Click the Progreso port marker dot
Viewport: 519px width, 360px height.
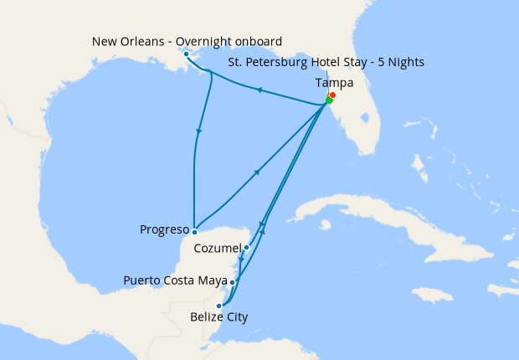coord(194,231)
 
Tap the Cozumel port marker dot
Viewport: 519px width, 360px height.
coord(246,247)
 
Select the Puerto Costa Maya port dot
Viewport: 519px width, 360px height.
coord(232,282)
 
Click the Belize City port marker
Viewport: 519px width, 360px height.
coord(219,306)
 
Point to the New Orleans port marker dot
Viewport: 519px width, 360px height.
coord(186,54)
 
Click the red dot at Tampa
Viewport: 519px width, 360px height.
coord(333,95)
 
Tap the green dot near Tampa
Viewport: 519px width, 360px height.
coord(329,101)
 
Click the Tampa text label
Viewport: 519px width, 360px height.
coord(334,83)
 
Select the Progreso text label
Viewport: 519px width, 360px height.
coord(162,227)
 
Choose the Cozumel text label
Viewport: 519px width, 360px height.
coord(217,249)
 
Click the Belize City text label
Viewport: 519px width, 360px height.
coord(218,316)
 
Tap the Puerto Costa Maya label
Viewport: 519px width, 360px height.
coord(175,280)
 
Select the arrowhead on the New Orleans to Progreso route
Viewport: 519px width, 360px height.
coord(199,131)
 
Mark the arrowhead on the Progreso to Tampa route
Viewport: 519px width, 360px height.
coord(257,172)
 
